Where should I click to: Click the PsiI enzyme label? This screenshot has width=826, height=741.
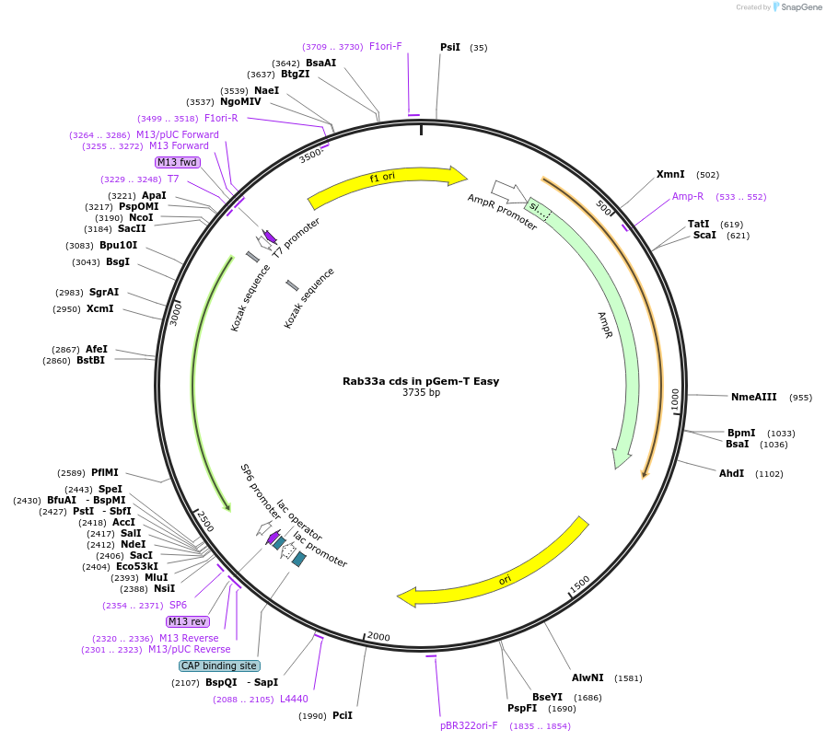450,47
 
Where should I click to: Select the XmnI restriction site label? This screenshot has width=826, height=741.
670,174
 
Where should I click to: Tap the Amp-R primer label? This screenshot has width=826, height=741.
688,196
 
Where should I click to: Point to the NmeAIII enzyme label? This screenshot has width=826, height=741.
753,397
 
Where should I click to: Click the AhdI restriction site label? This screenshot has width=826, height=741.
731,473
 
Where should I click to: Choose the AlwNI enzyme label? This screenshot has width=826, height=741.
588,677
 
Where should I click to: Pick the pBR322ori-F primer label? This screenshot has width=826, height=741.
469,725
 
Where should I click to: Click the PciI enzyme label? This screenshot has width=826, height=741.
343,715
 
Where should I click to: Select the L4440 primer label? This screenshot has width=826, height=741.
294,699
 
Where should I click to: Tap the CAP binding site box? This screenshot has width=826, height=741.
219,666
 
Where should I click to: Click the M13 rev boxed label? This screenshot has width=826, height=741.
187,621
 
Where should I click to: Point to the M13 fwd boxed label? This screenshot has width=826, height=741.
177,162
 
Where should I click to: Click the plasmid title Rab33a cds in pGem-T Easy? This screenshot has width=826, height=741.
421,380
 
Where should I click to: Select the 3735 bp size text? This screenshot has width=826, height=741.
421,392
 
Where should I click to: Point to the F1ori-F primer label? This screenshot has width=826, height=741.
386,46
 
